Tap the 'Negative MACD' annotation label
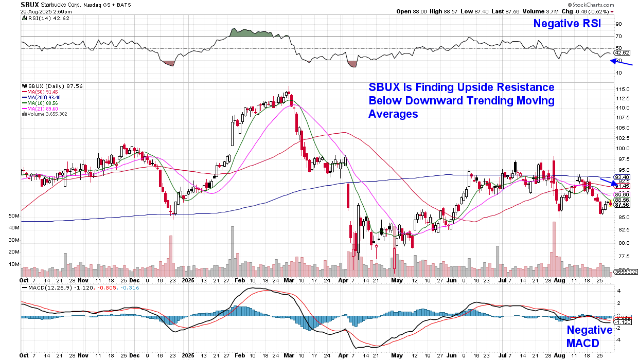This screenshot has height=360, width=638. click(590, 336)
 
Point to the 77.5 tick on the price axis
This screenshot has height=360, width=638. click(623, 256)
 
